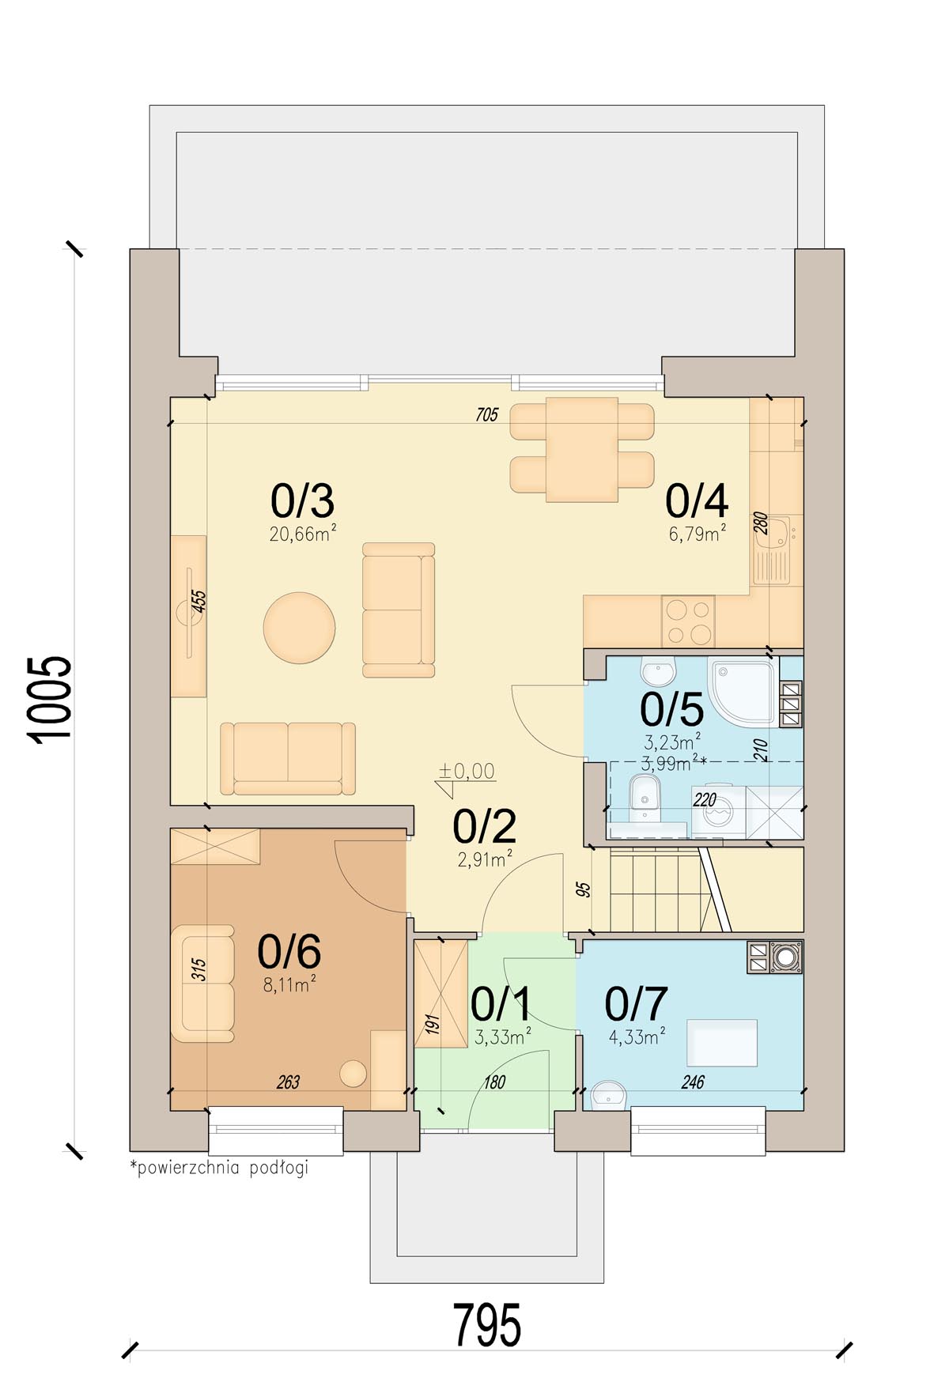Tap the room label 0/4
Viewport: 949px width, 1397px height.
(696, 500)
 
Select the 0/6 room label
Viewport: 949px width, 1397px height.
(289, 951)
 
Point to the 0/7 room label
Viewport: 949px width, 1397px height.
(636, 1004)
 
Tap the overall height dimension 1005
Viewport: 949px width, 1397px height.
(50, 699)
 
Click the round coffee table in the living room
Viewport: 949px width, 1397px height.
(299, 628)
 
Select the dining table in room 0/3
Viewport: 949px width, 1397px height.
(582, 449)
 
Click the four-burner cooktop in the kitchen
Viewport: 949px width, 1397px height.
(688, 621)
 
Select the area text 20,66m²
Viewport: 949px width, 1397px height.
(303, 534)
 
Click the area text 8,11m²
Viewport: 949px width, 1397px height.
(289, 984)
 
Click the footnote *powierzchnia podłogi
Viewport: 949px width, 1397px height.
(219, 1168)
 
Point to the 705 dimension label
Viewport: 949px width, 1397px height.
(487, 414)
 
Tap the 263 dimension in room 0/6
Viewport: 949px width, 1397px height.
(288, 1082)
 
